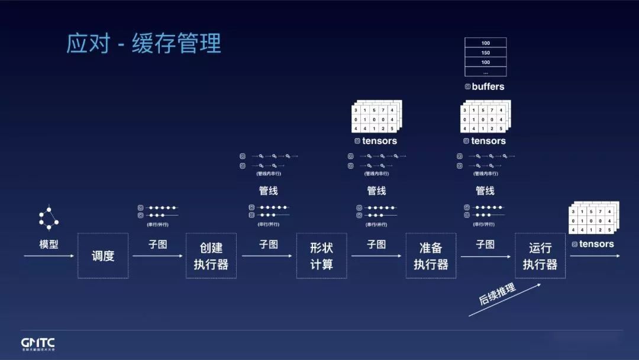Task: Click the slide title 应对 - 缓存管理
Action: point(144,44)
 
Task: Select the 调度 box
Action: point(103,256)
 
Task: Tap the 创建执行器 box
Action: point(211,256)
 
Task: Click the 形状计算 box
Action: point(321,256)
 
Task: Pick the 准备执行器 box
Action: point(431,256)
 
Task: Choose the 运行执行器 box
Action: point(540,256)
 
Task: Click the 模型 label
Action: point(49,244)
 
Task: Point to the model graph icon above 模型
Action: point(49,218)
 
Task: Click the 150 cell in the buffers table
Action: point(486,53)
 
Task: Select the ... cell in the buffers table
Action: point(486,72)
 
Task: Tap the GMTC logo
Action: point(38,343)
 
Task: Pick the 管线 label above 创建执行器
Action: point(268,191)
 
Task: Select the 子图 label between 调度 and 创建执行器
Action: point(158,244)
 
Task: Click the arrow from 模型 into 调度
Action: point(49,256)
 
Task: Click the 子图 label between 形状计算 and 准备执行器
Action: point(376,244)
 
